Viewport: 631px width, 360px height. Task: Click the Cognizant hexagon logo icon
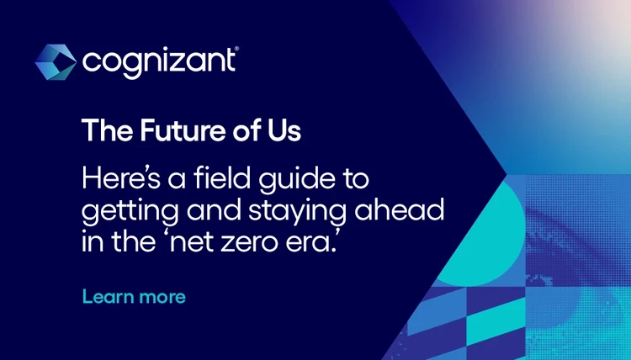coord(56,61)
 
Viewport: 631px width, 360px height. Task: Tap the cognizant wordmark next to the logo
coord(157,61)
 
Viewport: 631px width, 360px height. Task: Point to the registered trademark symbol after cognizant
coord(236,51)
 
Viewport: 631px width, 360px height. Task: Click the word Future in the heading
coord(151,131)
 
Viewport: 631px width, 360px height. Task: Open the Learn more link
coord(133,297)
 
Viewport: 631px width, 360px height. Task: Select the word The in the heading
coord(99,131)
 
